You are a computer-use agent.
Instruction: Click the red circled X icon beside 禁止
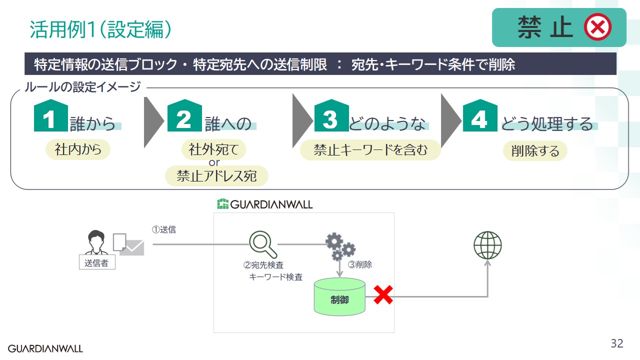click(x=597, y=27)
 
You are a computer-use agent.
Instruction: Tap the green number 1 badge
click(x=50, y=117)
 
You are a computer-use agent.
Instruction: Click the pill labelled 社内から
click(x=77, y=149)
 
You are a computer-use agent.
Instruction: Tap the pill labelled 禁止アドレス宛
click(x=216, y=176)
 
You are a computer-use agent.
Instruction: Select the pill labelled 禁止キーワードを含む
click(x=370, y=149)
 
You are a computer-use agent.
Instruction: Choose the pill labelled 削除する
click(x=535, y=150)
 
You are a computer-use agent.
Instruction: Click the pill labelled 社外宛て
click(x=214, y=149)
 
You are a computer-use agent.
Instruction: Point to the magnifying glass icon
click(x=262, y=244)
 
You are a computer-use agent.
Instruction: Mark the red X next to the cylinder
click(x=383, y=295)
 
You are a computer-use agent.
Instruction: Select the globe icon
click(x=487, y=245)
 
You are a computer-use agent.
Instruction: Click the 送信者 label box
click(x=97, y=262)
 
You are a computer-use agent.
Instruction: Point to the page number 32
click(x=617, y=343)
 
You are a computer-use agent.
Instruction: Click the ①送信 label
click(x=164, y=230)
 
